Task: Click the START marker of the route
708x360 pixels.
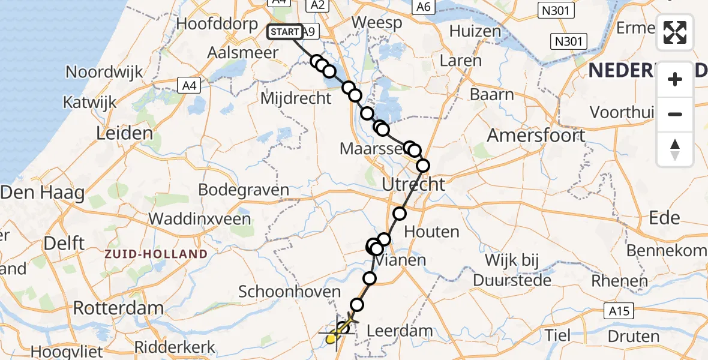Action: point(283,32)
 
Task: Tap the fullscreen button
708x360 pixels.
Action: point(675,32)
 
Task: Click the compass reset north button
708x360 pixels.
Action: point(675,149)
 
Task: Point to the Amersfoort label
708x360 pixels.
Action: point(535,135)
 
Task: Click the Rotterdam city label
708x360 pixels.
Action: point(118,309)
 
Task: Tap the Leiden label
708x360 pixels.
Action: point(125,133)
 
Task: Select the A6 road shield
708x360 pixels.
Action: point(424,7)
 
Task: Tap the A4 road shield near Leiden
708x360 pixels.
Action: point(189,86)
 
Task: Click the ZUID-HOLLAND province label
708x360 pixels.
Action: point(155,254)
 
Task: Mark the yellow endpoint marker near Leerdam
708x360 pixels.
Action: point(331,339)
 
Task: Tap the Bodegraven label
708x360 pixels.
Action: point(243,190)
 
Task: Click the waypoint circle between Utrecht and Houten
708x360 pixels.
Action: point(400,213)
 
